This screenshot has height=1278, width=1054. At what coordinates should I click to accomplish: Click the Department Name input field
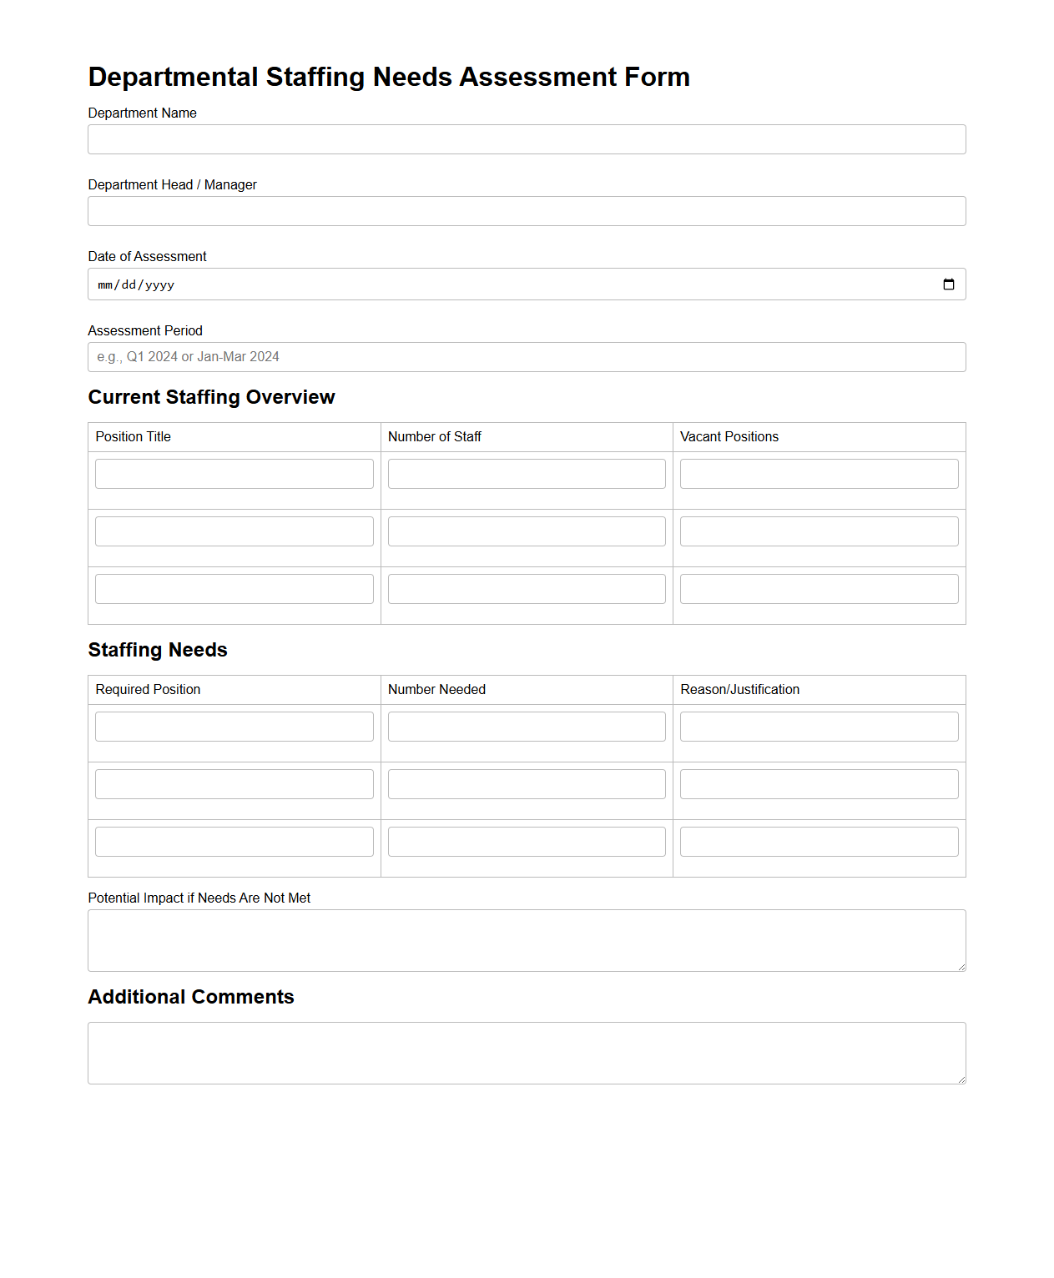pos(527,139)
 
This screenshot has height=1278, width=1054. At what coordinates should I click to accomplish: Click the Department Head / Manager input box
pos(527,211)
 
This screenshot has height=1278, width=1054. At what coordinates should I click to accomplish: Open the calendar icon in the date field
pos(948,284)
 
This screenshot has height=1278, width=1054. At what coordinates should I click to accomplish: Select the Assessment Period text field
pos(527,357)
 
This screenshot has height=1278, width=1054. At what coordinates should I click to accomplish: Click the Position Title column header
pos(134,437)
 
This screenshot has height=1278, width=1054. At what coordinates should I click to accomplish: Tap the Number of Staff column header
pos(435,437)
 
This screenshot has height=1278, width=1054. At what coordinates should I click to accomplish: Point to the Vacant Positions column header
pos(729,437)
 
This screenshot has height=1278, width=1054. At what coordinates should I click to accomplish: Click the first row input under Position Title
pos(235,474)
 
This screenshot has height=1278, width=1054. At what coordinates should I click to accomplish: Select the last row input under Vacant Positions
pos(819,589)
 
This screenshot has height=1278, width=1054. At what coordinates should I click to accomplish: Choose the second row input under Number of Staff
pos(527,531)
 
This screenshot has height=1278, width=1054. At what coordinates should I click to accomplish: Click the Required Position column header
pos(148,690)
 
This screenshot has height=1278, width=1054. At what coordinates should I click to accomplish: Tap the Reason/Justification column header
pos(739,690)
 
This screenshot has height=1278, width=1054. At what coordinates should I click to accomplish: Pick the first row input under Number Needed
pos(527,727)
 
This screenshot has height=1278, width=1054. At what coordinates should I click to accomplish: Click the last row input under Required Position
pos(235,842)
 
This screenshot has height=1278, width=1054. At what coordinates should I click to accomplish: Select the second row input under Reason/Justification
pos(819,784)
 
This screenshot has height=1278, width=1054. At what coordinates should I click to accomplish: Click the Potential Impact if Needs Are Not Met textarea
pos(527,940)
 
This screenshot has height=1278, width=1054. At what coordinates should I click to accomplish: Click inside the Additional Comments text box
pos(527,1053)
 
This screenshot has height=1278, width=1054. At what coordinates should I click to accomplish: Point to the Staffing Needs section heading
pos(158,650)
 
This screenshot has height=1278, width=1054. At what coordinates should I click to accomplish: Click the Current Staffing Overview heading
pos(211,397)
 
